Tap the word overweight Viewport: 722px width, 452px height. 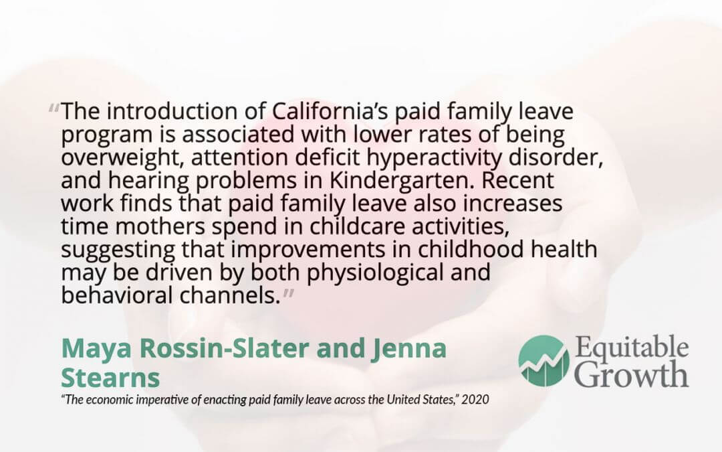click(123, 158)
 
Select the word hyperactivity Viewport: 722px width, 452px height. click(434, 158)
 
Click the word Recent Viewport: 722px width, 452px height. click(517, 180)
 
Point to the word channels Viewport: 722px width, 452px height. click(230, 295)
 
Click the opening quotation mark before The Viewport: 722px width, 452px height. click(53, 109)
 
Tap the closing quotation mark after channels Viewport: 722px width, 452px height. click(288, 293)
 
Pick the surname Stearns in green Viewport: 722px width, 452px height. click(110, 378)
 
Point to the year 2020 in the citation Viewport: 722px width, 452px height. click(475, 399)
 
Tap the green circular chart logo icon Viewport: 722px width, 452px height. click(544, 361)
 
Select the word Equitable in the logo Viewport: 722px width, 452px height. click(632, 348)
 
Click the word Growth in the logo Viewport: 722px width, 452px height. click(632, 374)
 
